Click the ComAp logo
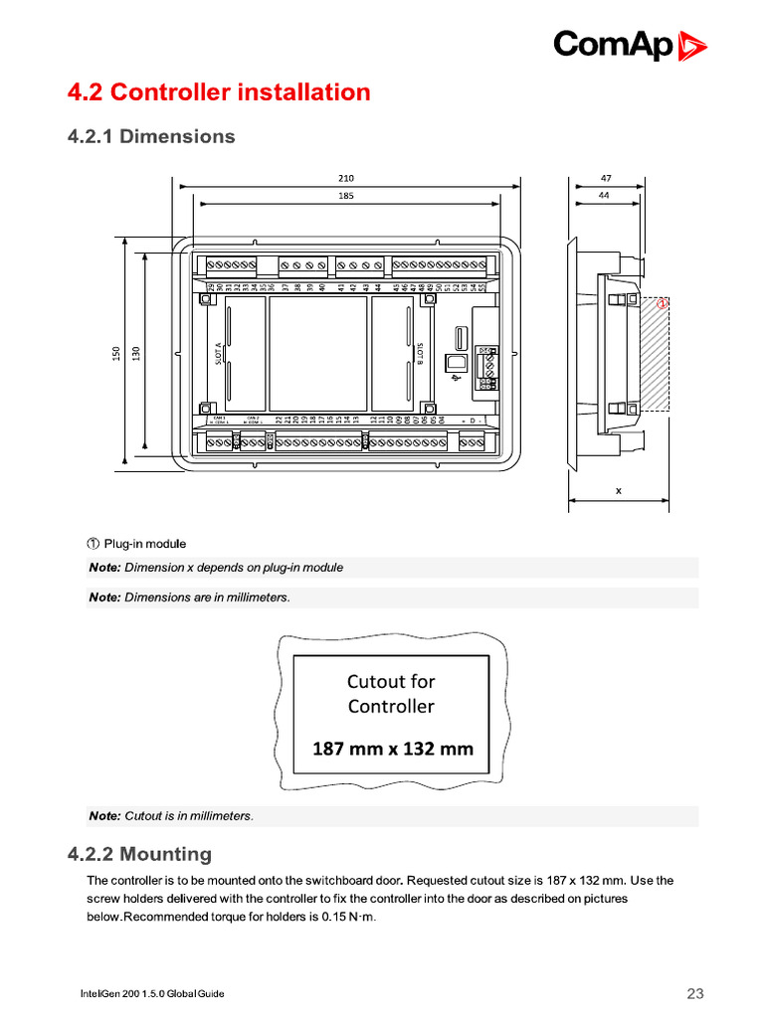pos(630,45)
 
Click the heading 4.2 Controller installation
pos(218,92)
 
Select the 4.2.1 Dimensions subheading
pos(151,136)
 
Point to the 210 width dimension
pos(346,178)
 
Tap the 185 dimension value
pos(346,196)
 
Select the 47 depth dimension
pos(606,178)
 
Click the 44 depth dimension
pos(604,196)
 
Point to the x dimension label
pos(618,490)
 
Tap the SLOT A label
pos(218,354)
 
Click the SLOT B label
pos(421,354)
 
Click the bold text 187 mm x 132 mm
pos(392,749)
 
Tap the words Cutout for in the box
pos(391,681)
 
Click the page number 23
pos(695,994)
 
